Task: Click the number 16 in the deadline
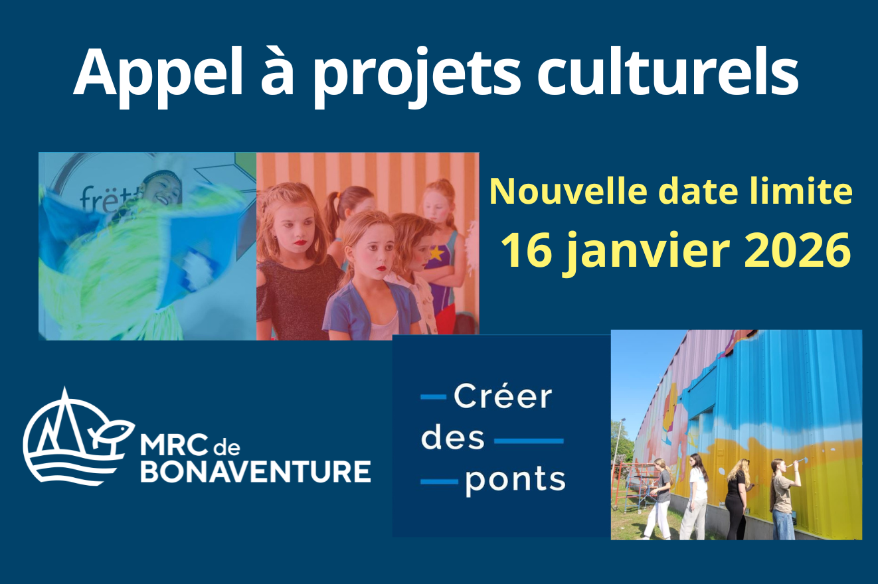[527, 250]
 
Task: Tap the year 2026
[797, 250]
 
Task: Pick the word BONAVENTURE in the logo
[256, 472]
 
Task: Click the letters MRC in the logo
[173, 445]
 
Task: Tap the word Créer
[503, 397]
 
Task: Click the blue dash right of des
[529, 441]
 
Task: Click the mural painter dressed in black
[737, 498]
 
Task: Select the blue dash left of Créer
[434, 397]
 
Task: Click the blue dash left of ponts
[440, 482]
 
